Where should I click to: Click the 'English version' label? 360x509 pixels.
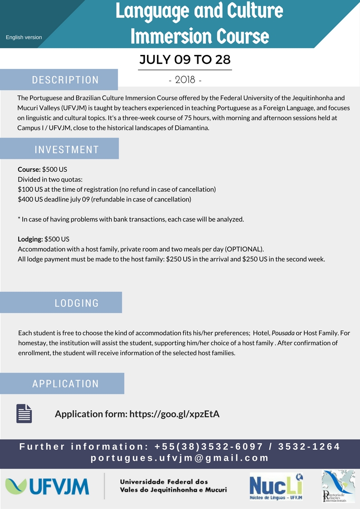[x=24, y=37]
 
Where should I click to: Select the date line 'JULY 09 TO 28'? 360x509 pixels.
[x=185, y=60]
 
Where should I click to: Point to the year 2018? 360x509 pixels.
[x=185, y=80]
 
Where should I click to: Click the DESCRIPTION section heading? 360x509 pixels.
[x=65, y=80]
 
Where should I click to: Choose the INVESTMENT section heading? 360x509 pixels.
[x=67, y=149]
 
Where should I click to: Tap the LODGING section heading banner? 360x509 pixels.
[x=77, y=303]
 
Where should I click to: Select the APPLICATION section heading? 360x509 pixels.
[x=65, y=384]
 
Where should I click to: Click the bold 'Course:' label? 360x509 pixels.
[x=29, y=170]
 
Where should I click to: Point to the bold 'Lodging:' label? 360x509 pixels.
[x=30, y=239]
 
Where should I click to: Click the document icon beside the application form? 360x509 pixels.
[x=24, y=413]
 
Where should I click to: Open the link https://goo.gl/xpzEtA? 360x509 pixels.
[x=175, y=414]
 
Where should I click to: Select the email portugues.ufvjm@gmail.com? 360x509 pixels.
[x=180, y=458]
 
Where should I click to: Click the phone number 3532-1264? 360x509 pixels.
[x=309, y=447]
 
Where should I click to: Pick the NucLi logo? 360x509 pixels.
[x=276, y=486]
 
